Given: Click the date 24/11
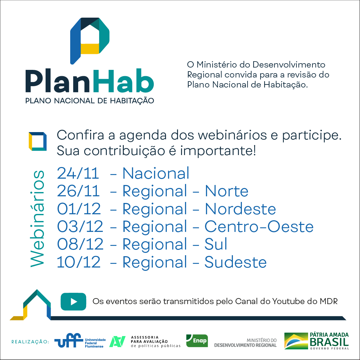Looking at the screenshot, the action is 78,173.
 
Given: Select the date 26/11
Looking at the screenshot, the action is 78,191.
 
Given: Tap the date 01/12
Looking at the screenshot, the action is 79,209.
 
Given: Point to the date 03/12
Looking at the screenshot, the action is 80,227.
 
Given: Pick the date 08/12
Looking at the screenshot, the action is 80,244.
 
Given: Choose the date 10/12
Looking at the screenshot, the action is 79,262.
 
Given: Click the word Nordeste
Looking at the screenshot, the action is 240,209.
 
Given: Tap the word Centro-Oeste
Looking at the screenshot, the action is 259,227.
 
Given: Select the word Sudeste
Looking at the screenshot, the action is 236,262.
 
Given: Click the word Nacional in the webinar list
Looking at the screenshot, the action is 156,173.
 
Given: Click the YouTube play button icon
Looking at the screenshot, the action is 74,301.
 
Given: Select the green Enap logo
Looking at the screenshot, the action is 197,341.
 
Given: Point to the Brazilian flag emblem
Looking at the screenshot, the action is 296,341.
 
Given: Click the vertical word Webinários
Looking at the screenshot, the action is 37,219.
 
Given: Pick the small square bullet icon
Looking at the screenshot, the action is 38,141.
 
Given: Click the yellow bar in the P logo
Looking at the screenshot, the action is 90,49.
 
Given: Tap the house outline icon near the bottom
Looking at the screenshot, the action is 30,305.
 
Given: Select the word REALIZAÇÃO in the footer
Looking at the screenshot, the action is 30,342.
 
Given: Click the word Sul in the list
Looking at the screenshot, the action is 216,244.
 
